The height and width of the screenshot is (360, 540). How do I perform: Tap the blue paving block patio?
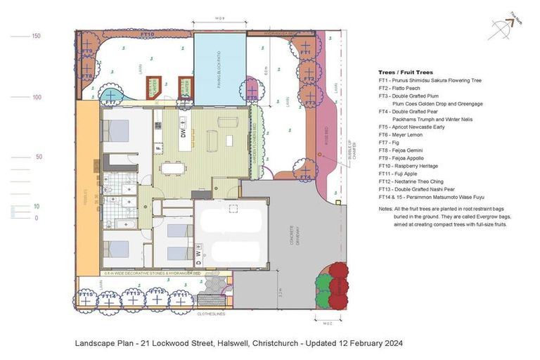coord(219,69)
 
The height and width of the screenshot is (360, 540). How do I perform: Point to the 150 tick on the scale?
coord(35,35)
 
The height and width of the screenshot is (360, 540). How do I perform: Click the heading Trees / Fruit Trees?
coord(406,72)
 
